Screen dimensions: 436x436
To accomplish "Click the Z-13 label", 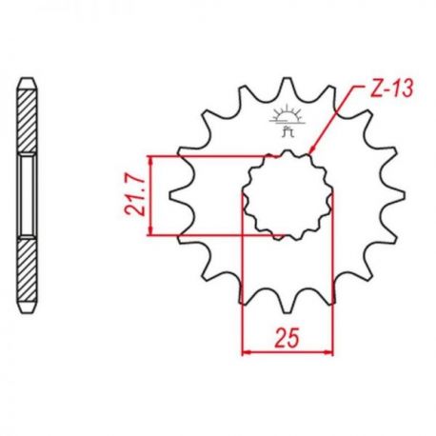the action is click(392, 88).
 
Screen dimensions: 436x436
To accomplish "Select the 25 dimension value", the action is click(287, 338).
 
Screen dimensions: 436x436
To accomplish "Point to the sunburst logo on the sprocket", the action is click(287, 121).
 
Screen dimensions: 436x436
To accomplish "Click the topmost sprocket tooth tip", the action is click(287, 78).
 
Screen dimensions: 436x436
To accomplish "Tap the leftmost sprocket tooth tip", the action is click(171, 196).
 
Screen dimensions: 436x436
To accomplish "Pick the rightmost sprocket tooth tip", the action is click(403, 196).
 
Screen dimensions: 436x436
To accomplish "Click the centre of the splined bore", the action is click(287, 195).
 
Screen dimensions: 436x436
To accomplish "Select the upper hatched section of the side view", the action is click(27, 121).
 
